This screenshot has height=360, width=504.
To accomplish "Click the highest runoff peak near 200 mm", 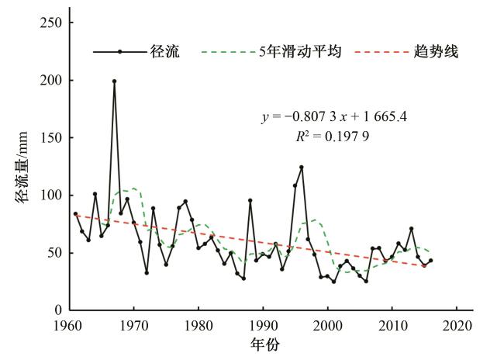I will tap(114, 81).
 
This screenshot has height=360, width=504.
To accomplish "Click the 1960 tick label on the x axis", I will tap(70, 324).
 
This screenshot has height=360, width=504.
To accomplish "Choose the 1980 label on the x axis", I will tap(198, 324).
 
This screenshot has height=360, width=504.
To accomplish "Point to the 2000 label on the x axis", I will tap(327, 324).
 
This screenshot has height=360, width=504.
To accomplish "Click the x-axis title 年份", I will tap(265, 344).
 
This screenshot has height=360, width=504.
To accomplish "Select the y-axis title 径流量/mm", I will tap(21, 167).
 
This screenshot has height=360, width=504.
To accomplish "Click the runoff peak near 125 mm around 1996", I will tap(302, 167).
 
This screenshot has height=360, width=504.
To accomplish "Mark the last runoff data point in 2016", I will tap(430, 261).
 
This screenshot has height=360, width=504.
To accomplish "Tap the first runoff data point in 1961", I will tap(76, 213).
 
